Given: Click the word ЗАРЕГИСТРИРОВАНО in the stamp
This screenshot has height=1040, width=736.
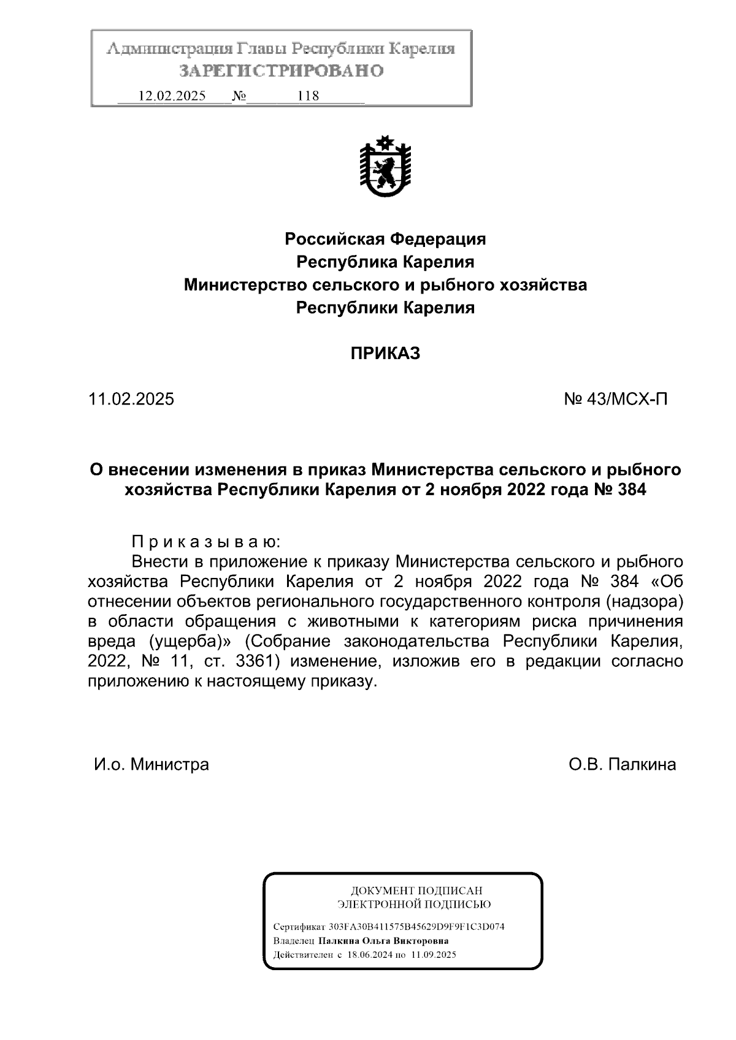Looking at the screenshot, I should [282, 71].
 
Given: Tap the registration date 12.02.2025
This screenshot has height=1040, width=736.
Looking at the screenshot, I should [172, 96].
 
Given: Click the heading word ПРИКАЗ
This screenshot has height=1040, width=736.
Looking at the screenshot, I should [385, 354].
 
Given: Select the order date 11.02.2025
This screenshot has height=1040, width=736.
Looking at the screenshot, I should [131, 400].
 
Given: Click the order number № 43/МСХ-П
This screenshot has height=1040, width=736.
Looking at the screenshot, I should [615, 400].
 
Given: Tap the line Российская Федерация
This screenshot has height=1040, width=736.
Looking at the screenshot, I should [385, 239].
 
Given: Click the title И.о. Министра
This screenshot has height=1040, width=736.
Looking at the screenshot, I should [151, 764].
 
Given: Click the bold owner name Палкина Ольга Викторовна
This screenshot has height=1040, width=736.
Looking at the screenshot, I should [383, 941].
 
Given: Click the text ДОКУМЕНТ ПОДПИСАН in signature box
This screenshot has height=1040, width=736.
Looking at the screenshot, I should [415, 890].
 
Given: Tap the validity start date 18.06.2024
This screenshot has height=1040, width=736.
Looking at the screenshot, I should [369, 955].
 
